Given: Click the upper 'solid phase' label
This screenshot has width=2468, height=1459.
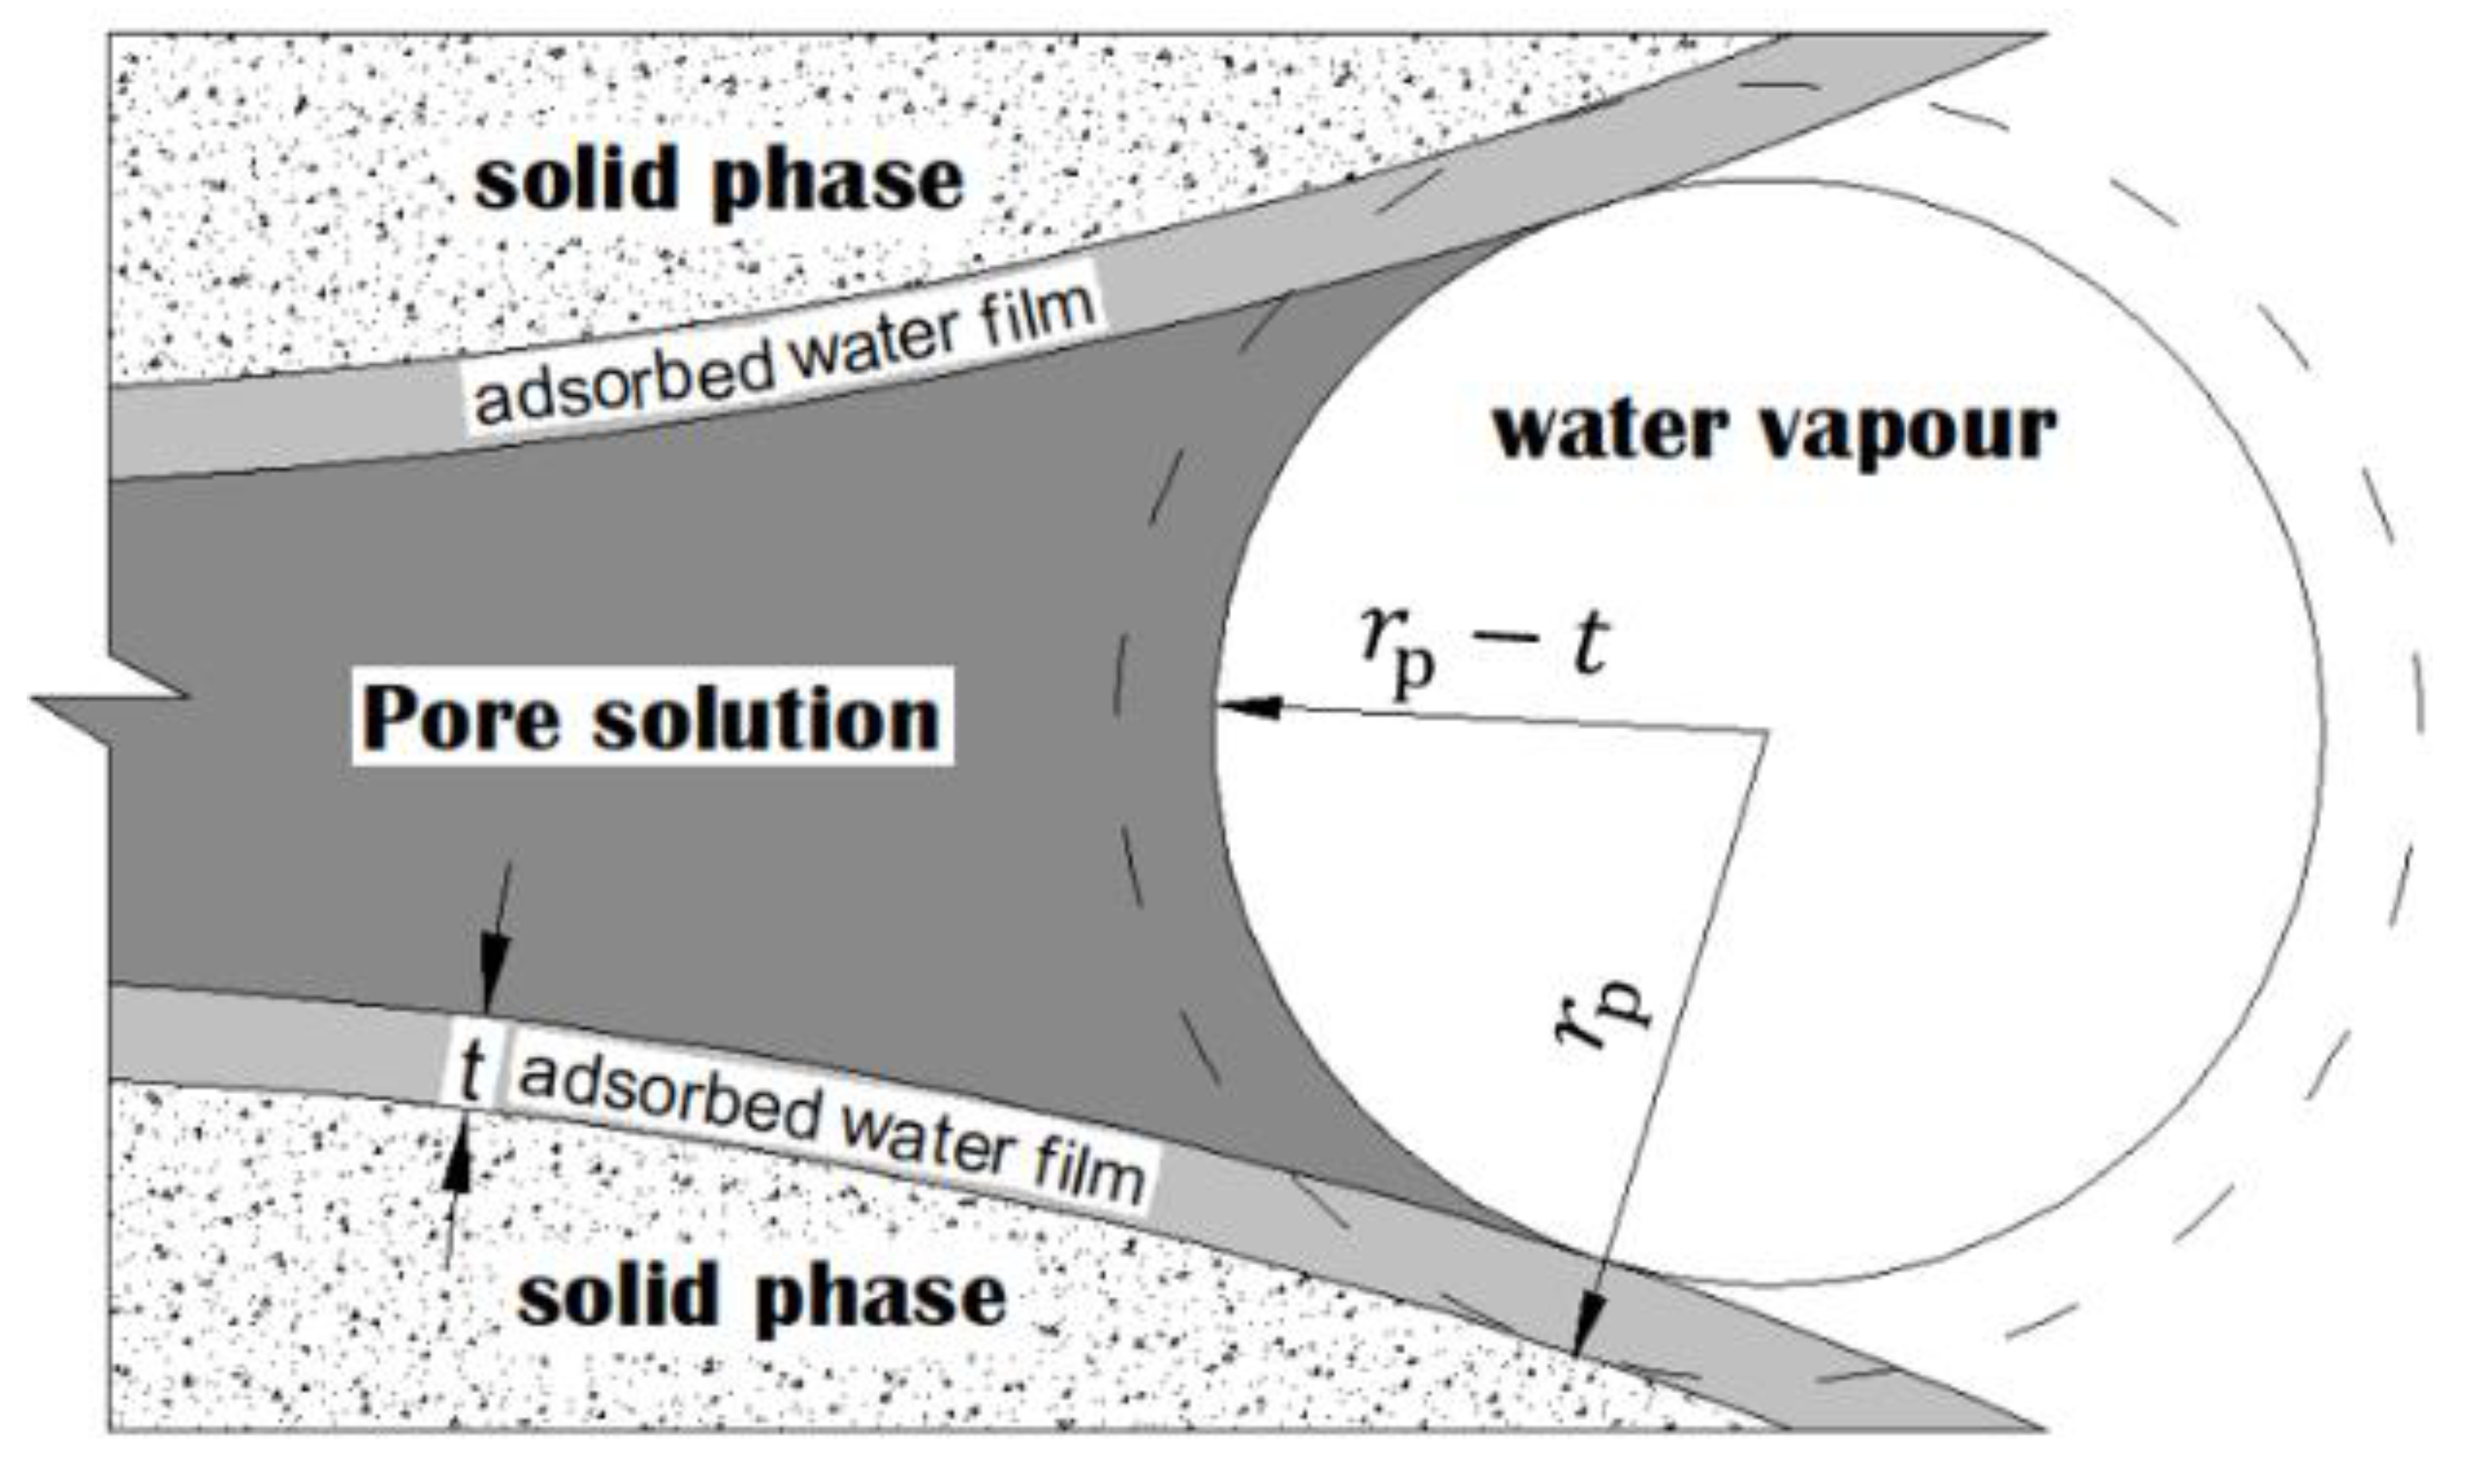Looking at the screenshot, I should pyautogui.click(x=719, y=182).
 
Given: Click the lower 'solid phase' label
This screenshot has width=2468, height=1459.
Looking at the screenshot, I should pyautogui.click(x=762, y=1297).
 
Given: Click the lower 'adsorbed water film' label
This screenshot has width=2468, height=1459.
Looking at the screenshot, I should pyautogui.click(x=831, y=1131).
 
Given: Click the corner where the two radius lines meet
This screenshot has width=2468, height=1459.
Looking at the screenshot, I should pyautogui.click(x=1766, y=732).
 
